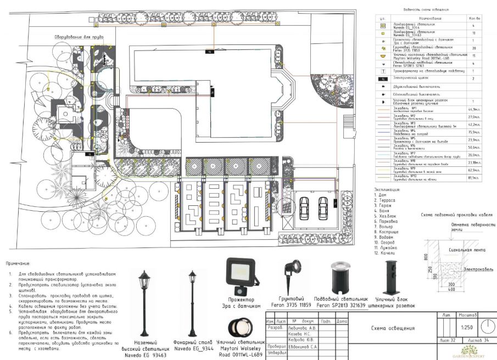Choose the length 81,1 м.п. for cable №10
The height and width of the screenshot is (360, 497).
coord(473,177)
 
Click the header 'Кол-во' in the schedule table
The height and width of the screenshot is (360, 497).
coord(473,18)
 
